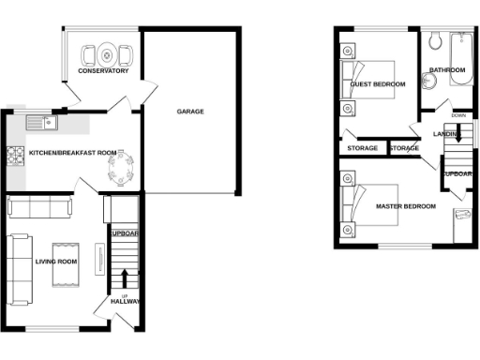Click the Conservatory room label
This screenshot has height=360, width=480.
(103, 71)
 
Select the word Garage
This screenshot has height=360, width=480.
(190, 112)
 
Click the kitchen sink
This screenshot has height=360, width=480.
(41, 122)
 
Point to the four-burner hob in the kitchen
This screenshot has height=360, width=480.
(14, 157)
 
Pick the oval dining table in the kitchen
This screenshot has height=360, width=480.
(123, 170)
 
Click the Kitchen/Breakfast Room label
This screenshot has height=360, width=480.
(72, 152)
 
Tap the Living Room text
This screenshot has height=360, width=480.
(55, 262)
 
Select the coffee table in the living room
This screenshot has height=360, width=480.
(67, 249)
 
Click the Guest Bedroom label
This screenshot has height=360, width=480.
(377, 84)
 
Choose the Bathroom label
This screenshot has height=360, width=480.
(447, 70)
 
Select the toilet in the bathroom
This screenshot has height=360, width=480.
(436, 41)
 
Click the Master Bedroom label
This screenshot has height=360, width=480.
(405, 206)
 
